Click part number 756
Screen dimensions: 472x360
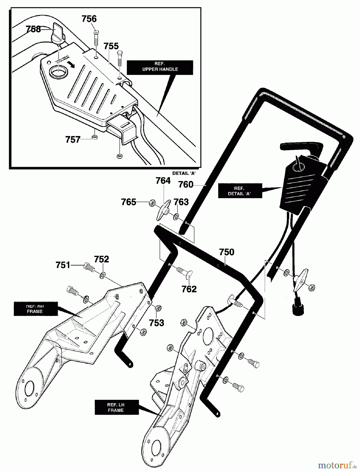[89, 19]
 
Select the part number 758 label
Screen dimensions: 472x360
[34, 29]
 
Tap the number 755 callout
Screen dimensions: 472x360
[111, 46]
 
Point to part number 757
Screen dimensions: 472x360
[73, 140]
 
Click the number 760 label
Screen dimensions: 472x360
[186, 185]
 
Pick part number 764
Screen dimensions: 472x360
[163, 181]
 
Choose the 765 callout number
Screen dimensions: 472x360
[128, 202]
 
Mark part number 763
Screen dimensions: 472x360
[181, 202]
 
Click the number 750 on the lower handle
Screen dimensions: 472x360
[227, 252]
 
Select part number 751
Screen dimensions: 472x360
[63, 265]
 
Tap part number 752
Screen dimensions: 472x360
[101, 259]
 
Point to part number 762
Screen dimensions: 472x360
[189, 289]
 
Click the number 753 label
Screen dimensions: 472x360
[156, 323]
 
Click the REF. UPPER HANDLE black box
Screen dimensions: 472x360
[160, 67]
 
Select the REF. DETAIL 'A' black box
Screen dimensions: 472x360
[240, 191]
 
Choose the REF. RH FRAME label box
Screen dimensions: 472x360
[35, 309]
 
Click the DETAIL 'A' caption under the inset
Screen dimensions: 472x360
[184, 173]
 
